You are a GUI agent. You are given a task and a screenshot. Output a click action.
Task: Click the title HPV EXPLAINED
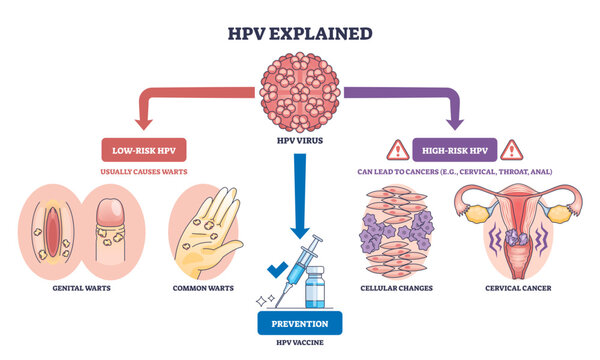[x=300, y=33]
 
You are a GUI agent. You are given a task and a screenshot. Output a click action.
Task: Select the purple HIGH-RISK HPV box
[x=454, y=151]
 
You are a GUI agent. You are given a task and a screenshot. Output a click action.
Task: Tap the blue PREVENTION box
[x=300, y=323]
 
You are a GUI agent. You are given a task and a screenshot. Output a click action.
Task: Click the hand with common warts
[x=208, y=231]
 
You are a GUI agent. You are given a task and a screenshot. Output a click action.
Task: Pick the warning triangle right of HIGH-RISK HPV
[x=512, y=150]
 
